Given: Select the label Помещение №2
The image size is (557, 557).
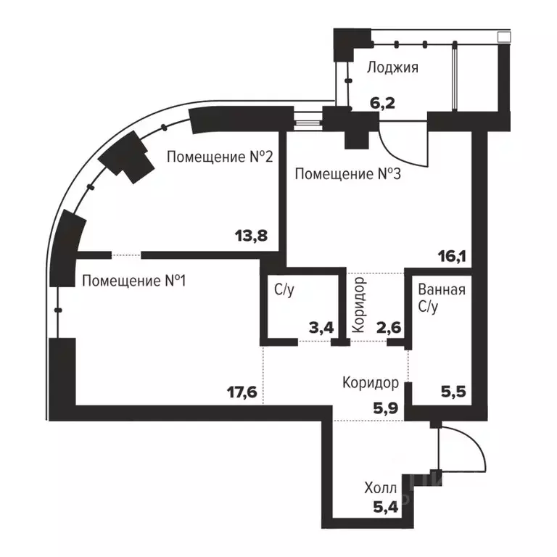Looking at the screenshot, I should [x=220, y=157].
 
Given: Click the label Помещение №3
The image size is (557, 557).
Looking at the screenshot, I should [x=348, y=175].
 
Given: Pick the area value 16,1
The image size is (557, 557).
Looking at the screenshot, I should [x=452, y=255].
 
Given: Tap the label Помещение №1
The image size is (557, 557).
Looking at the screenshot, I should [x=133, y=280].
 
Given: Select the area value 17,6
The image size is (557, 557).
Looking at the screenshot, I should [x=242, y=392].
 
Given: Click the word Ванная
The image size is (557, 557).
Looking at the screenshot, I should [x=442, y=290].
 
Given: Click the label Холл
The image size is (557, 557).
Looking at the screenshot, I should [x=381, y=490].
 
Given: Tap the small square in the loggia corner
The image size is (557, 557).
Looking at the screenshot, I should [x=503, y=36].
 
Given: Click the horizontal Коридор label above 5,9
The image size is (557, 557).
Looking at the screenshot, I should [x=371, y=382].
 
